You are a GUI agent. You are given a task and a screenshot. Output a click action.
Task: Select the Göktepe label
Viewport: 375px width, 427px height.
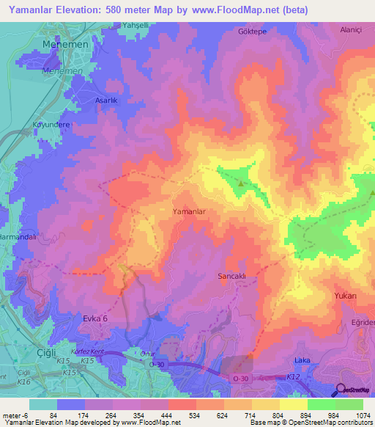pos(251,32)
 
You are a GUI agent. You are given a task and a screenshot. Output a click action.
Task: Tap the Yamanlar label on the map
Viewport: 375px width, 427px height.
pos(193,211)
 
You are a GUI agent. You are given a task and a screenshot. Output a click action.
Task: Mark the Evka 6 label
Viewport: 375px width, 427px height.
pos(94,318)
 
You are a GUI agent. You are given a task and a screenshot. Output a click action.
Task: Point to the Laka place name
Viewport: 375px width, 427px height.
pos(302,360)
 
